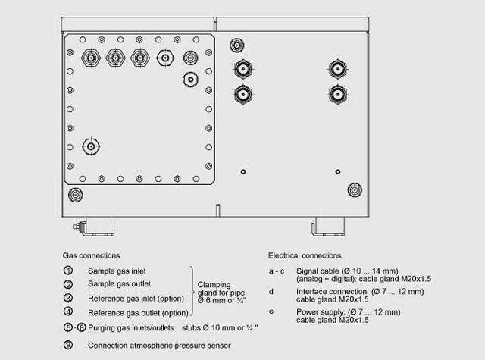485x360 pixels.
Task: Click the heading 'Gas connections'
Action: [x=92, y=255]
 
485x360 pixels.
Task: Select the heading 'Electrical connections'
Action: [x=305, y=255]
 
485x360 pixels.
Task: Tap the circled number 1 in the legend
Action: [x=68, y=271]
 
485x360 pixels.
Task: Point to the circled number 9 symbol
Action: [x=68, y=345]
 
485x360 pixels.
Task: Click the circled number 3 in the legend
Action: [x=68, y=298]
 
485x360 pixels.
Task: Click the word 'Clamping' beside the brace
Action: [x=213, y=285]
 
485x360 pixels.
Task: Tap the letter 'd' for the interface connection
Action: [x=271, y=291]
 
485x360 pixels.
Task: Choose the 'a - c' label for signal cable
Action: [x=276, y=271]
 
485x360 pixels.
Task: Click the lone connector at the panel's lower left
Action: [x=91, y=145]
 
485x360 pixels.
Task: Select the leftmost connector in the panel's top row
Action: [x=91, y=57]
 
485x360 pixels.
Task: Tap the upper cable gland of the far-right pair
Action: [x=339, y=70]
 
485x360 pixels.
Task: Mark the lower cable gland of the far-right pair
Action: [x=339, y=94]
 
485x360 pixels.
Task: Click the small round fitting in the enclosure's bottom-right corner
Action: [x=354, y=189]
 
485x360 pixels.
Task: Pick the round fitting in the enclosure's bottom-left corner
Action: [x=75, y=194]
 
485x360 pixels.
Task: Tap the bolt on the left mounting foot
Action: [x=77, y=225]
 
